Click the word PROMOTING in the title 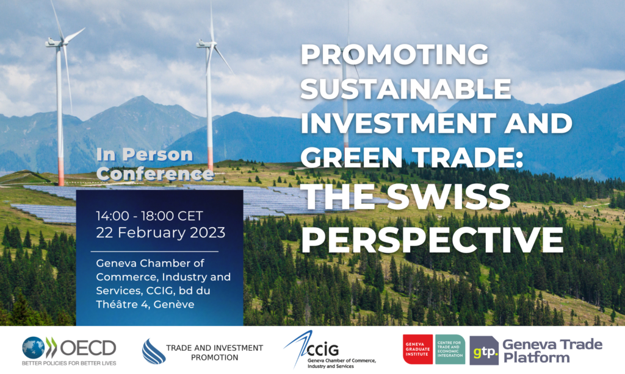[395, 57]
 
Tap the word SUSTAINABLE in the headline [406, 90]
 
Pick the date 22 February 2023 [161, 233]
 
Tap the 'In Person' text [145, 155]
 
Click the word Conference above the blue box [156, 174]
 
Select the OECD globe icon [34, 348]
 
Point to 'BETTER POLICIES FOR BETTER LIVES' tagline [68, 364]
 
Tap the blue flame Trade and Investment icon [153, 351]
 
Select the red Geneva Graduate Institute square [417, 350]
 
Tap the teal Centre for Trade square [450, 350]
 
